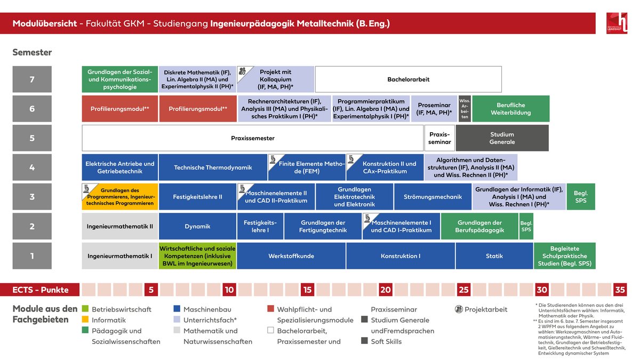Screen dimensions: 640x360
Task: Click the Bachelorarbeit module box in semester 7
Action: [409, 79]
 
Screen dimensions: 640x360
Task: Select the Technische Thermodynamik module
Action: [213, 167]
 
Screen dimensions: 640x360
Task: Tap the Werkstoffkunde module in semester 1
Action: [291, 256]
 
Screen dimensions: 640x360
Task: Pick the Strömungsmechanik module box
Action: [433, 197]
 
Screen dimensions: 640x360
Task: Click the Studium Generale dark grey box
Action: [502, 138]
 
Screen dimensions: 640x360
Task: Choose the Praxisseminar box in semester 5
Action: [439, 138]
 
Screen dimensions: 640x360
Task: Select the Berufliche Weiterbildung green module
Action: [511, 109]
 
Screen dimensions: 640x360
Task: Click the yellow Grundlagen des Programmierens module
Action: [120, 197]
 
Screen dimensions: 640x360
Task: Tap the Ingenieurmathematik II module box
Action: [120, 226]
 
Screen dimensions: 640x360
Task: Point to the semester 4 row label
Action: [32, 167]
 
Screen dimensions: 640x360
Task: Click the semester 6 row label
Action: [32, 109]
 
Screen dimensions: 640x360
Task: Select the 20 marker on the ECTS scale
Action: [386, 290]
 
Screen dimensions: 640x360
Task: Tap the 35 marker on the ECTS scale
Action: [620, 290]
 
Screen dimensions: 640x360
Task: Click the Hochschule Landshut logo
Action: [617, 23]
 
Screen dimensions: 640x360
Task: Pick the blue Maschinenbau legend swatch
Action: [177, 309]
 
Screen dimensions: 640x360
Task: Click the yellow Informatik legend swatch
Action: [85, 319]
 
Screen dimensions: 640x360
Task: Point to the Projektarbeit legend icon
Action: [459, 309]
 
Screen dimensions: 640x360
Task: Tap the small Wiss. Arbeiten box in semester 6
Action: [465, 109]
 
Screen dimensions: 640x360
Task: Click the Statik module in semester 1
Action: [494, 256]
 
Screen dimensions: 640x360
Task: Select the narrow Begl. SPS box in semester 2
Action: [526, 226]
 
